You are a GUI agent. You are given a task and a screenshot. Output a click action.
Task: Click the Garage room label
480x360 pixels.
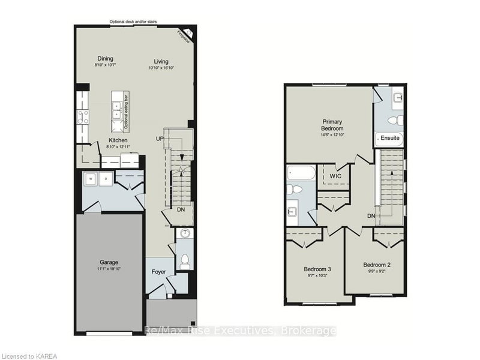(109, 262)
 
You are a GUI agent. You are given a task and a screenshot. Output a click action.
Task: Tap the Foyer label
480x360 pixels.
(158, 272)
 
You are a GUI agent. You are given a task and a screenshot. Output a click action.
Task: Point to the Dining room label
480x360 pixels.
(106, 59)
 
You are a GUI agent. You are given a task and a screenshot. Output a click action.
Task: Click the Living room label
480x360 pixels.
(161, 61)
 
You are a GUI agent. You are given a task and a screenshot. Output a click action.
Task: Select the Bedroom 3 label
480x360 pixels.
(317, 269)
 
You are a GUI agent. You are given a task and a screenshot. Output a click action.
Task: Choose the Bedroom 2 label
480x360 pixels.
(377, 265)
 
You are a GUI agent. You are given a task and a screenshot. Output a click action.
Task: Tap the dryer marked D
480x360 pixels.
(106, 178)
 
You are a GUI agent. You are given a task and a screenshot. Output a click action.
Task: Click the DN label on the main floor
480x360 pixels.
(181, 209)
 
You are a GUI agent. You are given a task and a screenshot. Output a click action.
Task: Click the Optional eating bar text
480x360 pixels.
(126, 111)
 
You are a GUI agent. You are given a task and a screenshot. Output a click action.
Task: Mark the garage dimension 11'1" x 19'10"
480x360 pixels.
(109, 269)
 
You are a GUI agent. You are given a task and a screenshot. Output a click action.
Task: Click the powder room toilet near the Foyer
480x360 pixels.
(185, 260)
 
